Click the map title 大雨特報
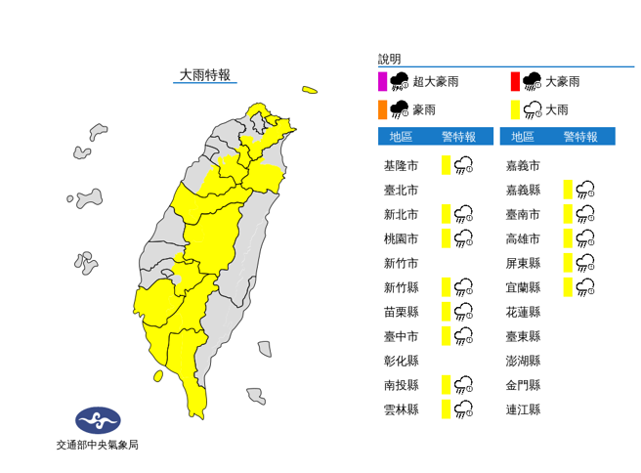(x=205, y=75)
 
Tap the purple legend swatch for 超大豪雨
(x=383, y=81)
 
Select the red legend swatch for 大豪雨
(x=515, y=81)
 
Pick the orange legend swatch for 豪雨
(x=383, y=108)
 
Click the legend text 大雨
(x=556, y=109)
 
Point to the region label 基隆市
(x=401, y=165)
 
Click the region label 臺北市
(x=401, y=190)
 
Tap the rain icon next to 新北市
(x=464, y=214)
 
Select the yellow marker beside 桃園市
(x=446, y=238)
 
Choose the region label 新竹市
(x=401, y=263)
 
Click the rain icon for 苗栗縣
(x=464, y=312)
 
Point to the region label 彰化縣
(x=401, y=361)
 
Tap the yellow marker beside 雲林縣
(x=446, y=409)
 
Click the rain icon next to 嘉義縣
(x=585, y=190)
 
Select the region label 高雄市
(x=523, y=238)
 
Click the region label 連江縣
(x=523, y=409)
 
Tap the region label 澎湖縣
(x=523, y=361)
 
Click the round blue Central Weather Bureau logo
(x=97, y=421)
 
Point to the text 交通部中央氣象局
(x=97, y=446)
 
